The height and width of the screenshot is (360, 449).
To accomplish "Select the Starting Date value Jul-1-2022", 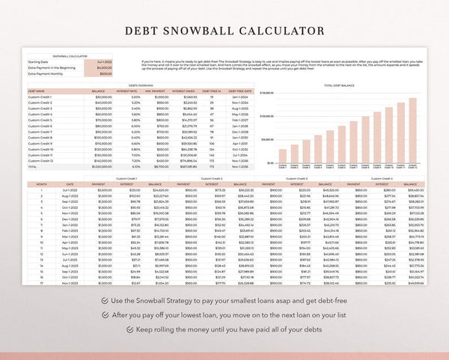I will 104,62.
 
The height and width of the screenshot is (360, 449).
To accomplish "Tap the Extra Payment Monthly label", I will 44,74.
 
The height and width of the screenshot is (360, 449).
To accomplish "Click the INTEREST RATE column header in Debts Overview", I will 127,91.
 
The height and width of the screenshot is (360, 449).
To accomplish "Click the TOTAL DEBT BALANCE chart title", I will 339,86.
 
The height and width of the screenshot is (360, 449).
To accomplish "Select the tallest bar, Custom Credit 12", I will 412,131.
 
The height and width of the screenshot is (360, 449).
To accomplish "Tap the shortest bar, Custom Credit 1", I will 282,156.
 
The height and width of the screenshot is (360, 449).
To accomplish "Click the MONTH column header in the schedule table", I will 42,183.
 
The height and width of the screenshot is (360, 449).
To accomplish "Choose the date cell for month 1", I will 70,190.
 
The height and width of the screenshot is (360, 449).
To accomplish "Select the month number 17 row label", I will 42,284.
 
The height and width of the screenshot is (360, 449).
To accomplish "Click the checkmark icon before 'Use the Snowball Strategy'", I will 102,300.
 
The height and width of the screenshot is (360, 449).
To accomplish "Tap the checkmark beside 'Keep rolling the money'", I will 128,329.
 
